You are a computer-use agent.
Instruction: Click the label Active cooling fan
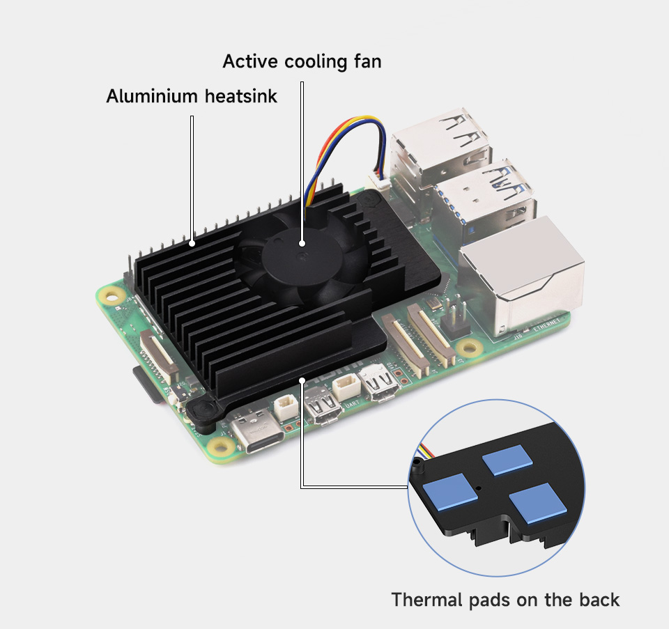pyautogui.click(x=302, y=61)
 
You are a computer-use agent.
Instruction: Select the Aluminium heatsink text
pyautogui.click(x=192, y=96)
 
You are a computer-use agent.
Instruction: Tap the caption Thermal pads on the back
pyautogui.click(x=505, y=600)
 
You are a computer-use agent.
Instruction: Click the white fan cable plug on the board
pyautogui.click(x=381, y=181)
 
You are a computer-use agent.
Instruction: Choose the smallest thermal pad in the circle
pyautogui.click(x=507, y=460)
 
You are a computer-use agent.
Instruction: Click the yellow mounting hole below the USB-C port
pyautogui.click(x=223, y=446)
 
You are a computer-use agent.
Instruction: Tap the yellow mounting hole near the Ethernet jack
pyautogui.click(x=467, y=347)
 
